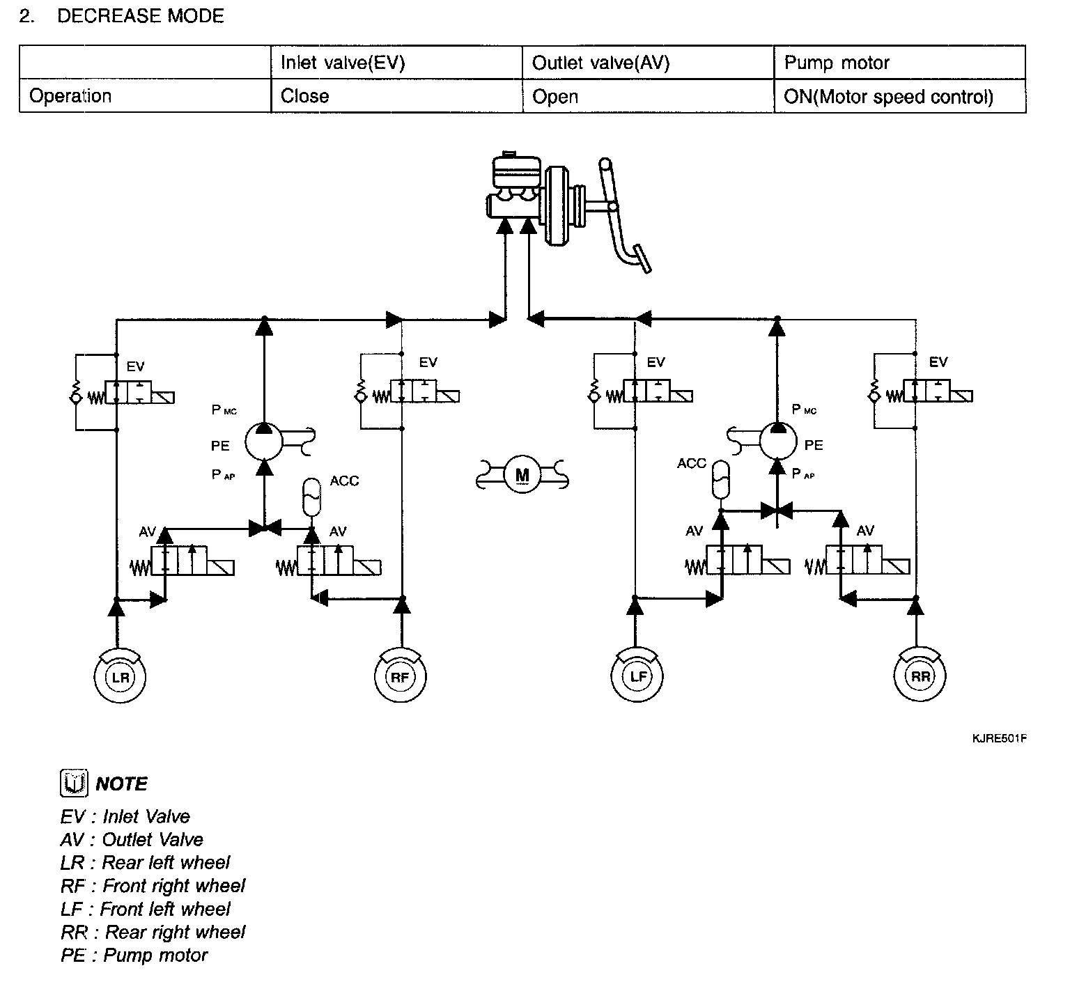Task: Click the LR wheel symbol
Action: click(x=120, y=676)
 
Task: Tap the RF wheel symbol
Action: click(x=401, y=676)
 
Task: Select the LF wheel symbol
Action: click(x=637, y=676)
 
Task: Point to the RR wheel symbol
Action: click(x=920, y=676)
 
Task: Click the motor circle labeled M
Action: click(x=522, y=476)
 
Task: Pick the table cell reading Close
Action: click(x=305, y=96)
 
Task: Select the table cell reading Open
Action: click(x=555, y=96)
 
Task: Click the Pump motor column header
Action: click(x=837, y=63)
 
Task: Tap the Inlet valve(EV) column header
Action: click(x=342, y=63)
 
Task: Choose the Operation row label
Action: click(x=70, y=96)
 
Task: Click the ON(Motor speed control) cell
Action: click(x=888, y=96)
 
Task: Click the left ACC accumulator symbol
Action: click(x=311, y=495)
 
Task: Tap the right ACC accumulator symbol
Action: click(x=722, y=478)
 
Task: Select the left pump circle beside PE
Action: click(x=265, y=442)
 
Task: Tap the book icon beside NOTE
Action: click(x=74, y=784)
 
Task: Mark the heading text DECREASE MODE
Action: click(x=141, y=16)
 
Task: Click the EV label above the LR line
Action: click(x=135, y=366)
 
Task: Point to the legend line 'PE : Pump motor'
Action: click(x=134, y=955)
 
